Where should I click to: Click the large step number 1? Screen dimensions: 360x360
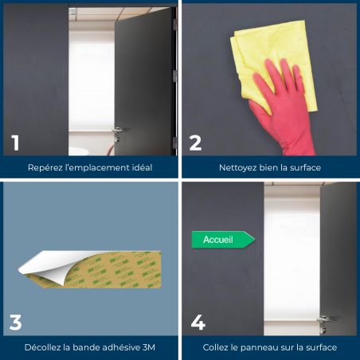click(15, 143)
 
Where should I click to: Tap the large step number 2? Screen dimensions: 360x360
click(196, 143)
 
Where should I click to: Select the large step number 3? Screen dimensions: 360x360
click(15, 323)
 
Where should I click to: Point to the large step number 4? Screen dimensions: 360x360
click(198, 323)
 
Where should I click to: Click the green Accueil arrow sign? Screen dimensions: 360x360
click(223, 240)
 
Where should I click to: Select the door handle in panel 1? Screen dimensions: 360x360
click(117, 133)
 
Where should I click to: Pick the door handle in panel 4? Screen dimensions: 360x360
click(323, 323)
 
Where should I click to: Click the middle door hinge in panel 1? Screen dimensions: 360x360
click(174, 76)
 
